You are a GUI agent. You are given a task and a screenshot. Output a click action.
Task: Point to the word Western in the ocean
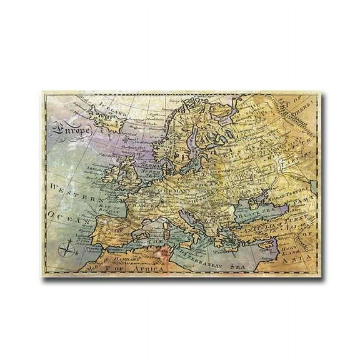(72, 191)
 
